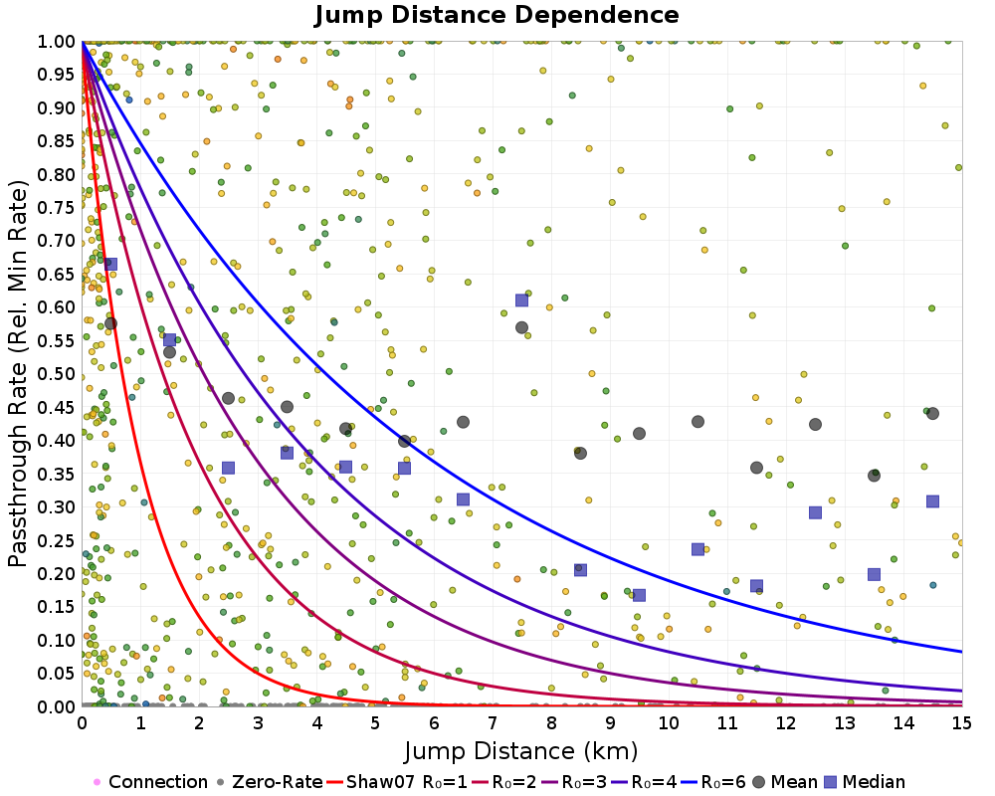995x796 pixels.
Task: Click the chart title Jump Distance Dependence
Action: pos(497,15)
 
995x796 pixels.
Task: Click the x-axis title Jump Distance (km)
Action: pos(521,749)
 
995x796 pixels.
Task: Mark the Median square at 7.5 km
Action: pos(521,300)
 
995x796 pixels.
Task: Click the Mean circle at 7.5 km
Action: pos(521,327)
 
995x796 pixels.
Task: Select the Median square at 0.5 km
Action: pos(110,264)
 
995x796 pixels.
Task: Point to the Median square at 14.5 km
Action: pos(932,501)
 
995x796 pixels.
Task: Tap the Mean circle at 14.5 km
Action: pos(932,413)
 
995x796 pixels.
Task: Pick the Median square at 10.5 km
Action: pos(697,549)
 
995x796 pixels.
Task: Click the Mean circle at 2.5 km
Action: pos(228,398)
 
